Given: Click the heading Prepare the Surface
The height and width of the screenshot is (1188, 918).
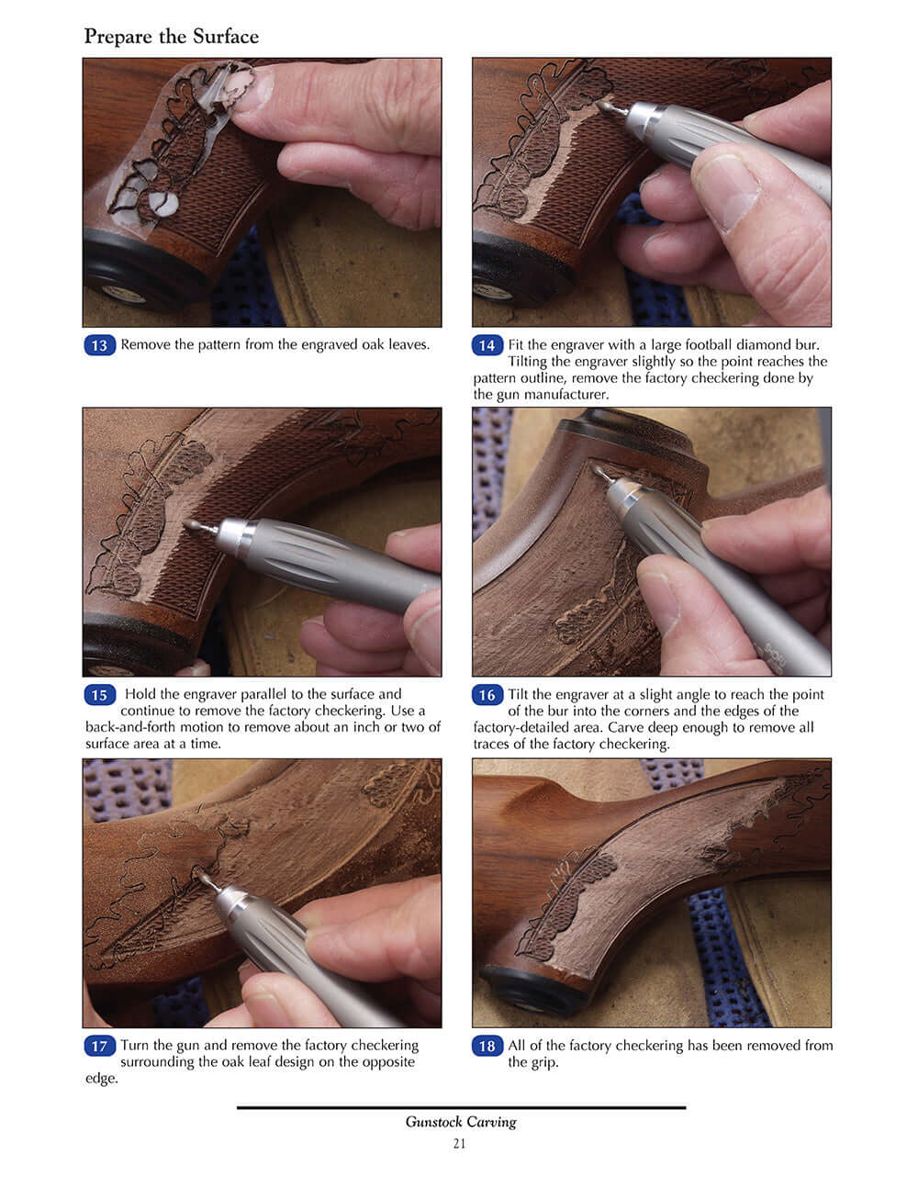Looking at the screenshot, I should pyautogui.click(x=171, y=37).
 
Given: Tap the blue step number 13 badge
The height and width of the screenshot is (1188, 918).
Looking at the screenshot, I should pyautogui.click(x=99, y=346).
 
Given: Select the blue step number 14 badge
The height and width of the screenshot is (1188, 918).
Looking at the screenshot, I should pyautogui.click(x=487, y=346).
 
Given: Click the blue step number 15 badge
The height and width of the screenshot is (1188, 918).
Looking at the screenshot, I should pyautogui.click(x=99, y=695).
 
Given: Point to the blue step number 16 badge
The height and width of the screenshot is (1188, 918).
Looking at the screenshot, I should pyautogui.click(x=487, y=695).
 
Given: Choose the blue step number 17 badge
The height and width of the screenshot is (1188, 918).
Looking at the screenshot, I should pyautogui.click(x=99, y=1046).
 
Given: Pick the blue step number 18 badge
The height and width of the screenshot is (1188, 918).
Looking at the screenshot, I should pyautogui.click(x=487, y=1046).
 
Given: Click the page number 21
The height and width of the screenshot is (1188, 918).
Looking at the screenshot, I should pyautogui.click(x=459, y=1143).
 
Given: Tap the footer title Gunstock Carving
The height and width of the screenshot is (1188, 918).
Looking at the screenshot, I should pyautogui.click(x=461, y=1122).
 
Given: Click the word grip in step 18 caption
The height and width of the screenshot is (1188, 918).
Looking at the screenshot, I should pyautogui.click(x=543, y=1062).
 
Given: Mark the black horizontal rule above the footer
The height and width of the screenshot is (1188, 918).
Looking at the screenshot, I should pyautogui.click(x=461, y=1107).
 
